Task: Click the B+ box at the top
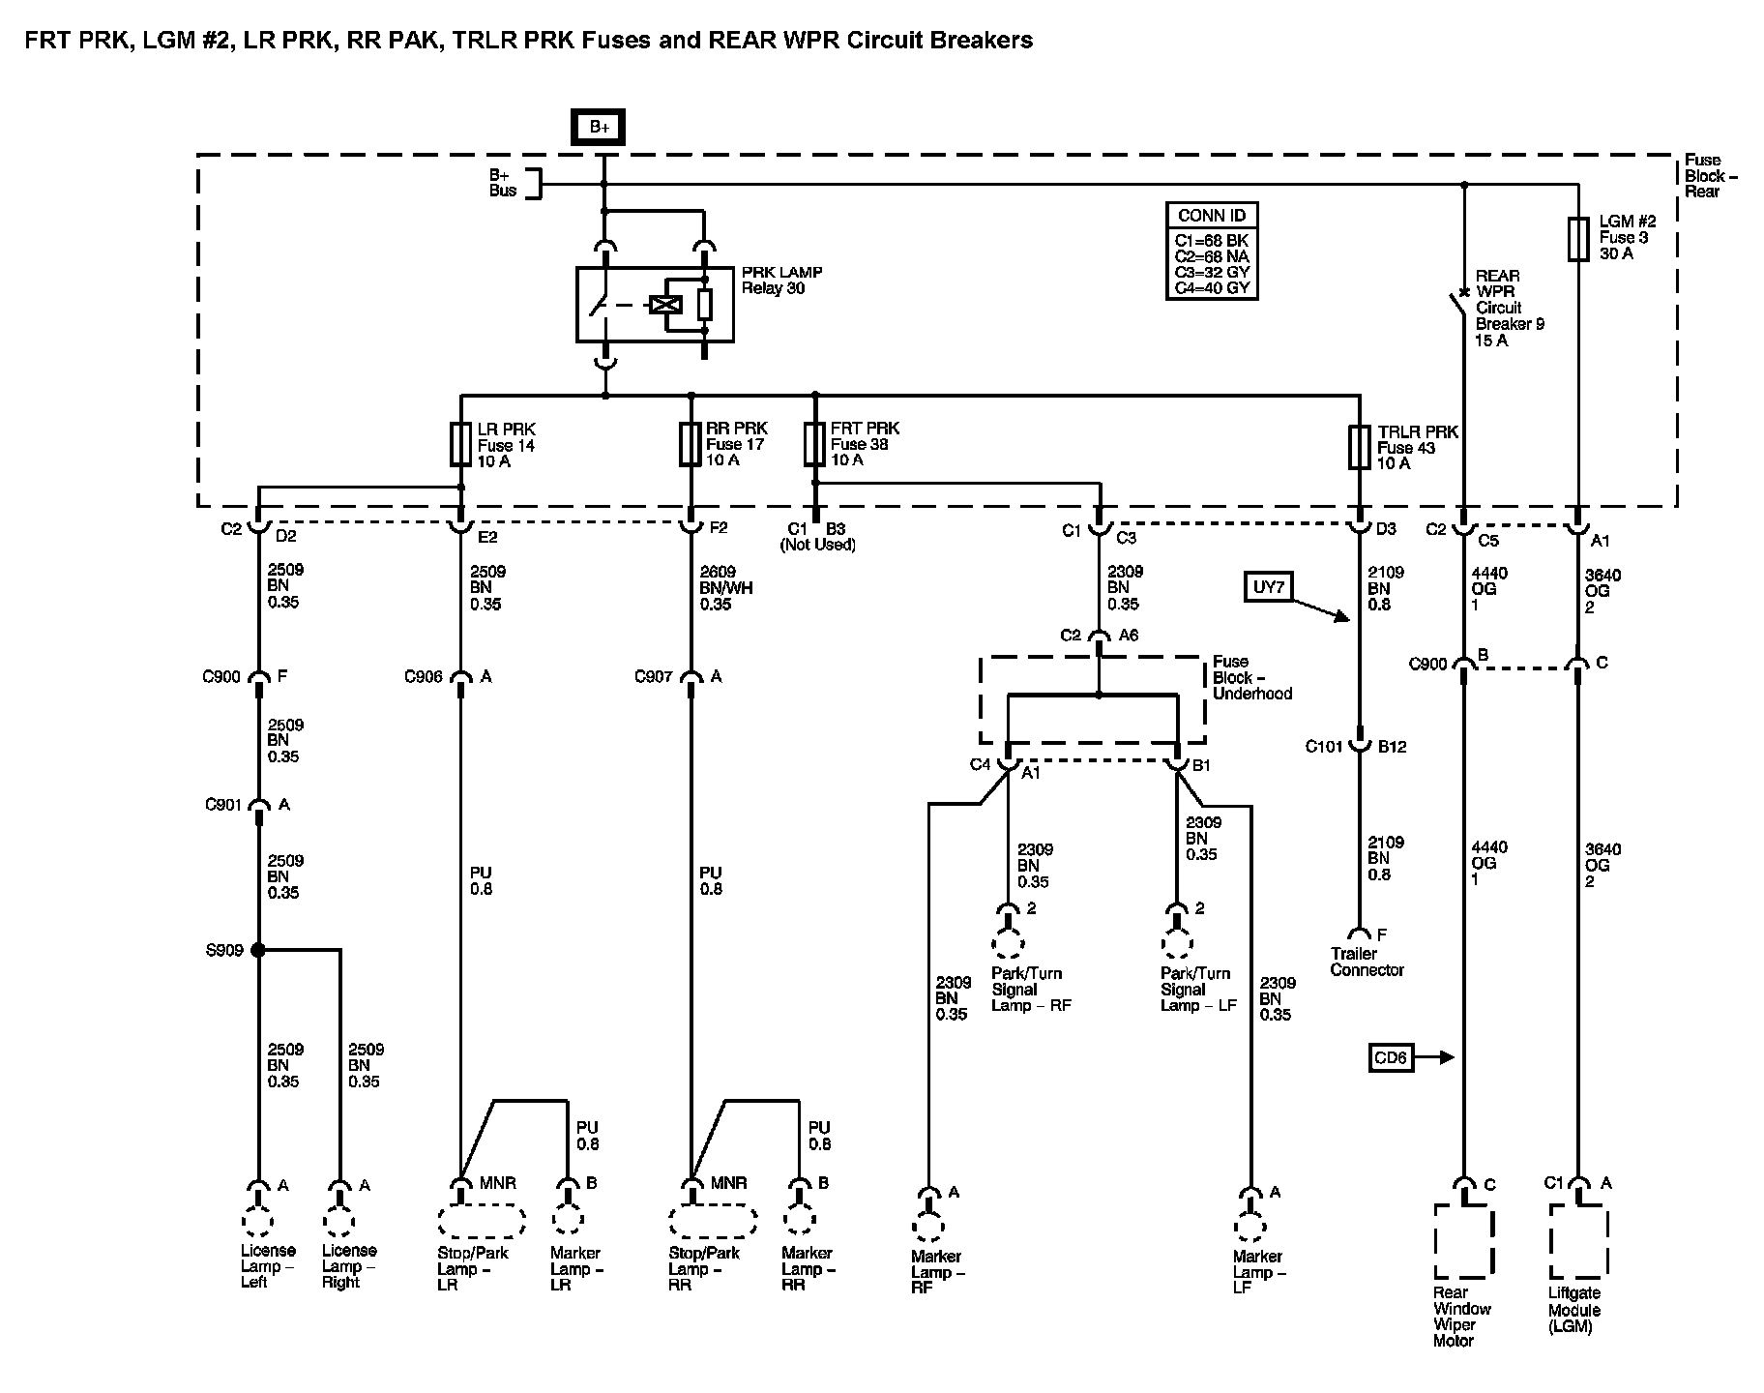point(599,128)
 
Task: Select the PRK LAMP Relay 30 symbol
point(655,305)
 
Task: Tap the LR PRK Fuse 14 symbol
point(460,444)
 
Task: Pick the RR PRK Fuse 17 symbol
point(691,444)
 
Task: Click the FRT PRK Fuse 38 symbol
point(815,444)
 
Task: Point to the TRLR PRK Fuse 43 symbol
point(1360,447)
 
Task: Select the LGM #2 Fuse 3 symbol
point(1577,239)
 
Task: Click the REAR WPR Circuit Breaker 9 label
point(1509,308)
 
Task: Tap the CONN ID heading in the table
point(1212,216)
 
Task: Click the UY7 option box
point(1269,586)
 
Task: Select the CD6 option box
point(1390,1057)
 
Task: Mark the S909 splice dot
point(258,950)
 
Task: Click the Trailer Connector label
point(1367,962)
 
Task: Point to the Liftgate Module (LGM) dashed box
point(1577,1241)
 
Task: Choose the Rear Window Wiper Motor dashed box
point(1464,1241)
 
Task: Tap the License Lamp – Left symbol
point(257,1222)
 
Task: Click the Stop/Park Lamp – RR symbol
point(713,1221)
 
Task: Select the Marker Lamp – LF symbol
point(1250,1228)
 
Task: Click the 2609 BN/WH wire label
point(726,587)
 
